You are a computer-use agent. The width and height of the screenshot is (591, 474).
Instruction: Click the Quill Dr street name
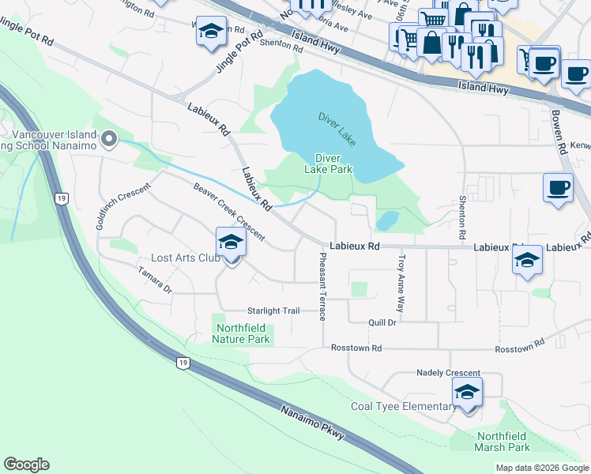pos(381,322)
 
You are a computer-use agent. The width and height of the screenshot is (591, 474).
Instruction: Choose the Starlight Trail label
pos(274,311)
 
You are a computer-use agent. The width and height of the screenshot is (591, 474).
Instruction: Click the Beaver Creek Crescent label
pos(229,211)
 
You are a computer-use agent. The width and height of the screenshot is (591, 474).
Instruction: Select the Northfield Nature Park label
pos(241,333)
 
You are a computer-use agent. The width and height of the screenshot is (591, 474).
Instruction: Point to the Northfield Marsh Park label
pos(503,442)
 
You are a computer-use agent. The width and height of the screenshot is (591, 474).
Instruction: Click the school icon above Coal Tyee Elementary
pos(467,391)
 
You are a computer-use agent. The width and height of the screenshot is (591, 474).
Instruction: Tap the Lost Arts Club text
pos(185,258)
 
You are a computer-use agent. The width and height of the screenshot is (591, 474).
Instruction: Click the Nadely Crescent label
pos(448,373)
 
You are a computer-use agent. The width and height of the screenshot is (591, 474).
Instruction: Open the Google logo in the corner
pos(26,465)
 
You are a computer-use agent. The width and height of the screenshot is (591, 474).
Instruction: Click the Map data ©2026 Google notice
pos(541,468)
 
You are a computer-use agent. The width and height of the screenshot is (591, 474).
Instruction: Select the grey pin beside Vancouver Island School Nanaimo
pos(109,141)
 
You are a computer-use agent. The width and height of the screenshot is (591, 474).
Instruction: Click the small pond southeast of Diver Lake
pos(387,220)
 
